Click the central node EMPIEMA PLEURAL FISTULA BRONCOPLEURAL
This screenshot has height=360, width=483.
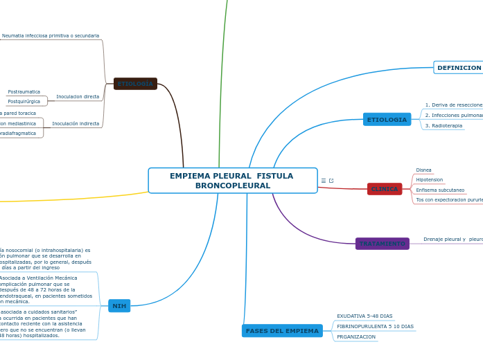[232, 181]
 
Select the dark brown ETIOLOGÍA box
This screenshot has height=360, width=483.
[135, 84]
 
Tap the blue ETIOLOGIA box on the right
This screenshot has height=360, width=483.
[387, 120]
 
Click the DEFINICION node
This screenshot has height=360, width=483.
[459, 68]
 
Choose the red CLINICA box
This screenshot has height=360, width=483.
[385, 189]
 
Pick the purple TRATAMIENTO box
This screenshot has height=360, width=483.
[382, 244]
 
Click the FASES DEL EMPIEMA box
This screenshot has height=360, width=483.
[282, 331]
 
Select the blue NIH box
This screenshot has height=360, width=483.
[119, 306]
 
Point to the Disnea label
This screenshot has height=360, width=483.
[423, 170]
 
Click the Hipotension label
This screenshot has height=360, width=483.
[429, 179]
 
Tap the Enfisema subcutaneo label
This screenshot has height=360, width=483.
[440, 190]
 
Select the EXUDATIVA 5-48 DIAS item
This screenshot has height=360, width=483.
[365, 316]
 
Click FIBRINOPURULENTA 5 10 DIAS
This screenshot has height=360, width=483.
[375, 326]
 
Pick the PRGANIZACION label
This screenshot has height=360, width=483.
[356, 337]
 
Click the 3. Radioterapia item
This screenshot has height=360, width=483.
[444, 126]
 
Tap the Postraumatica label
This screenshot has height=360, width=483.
[24, 92]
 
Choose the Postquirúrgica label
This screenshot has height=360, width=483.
[24, 101]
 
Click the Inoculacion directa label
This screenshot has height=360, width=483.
[78, 96]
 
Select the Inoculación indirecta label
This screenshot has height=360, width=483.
[76, 123]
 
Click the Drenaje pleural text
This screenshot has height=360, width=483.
[444, 239]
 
